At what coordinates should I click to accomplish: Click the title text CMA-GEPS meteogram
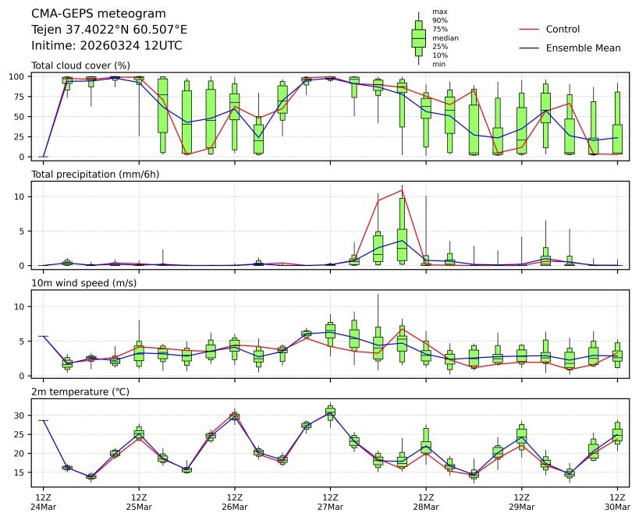[98, 14]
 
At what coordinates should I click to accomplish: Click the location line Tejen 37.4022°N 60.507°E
[109, 30]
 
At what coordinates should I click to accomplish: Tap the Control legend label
[563, 30]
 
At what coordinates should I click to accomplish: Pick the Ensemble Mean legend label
[583, 48]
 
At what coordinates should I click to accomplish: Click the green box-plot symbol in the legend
[418, 37]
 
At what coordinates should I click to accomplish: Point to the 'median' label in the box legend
[445, 37]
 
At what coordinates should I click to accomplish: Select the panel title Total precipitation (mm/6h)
[95, 174]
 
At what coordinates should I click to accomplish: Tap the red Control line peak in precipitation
[402, 189]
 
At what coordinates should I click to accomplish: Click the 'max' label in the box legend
[440, 12]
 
